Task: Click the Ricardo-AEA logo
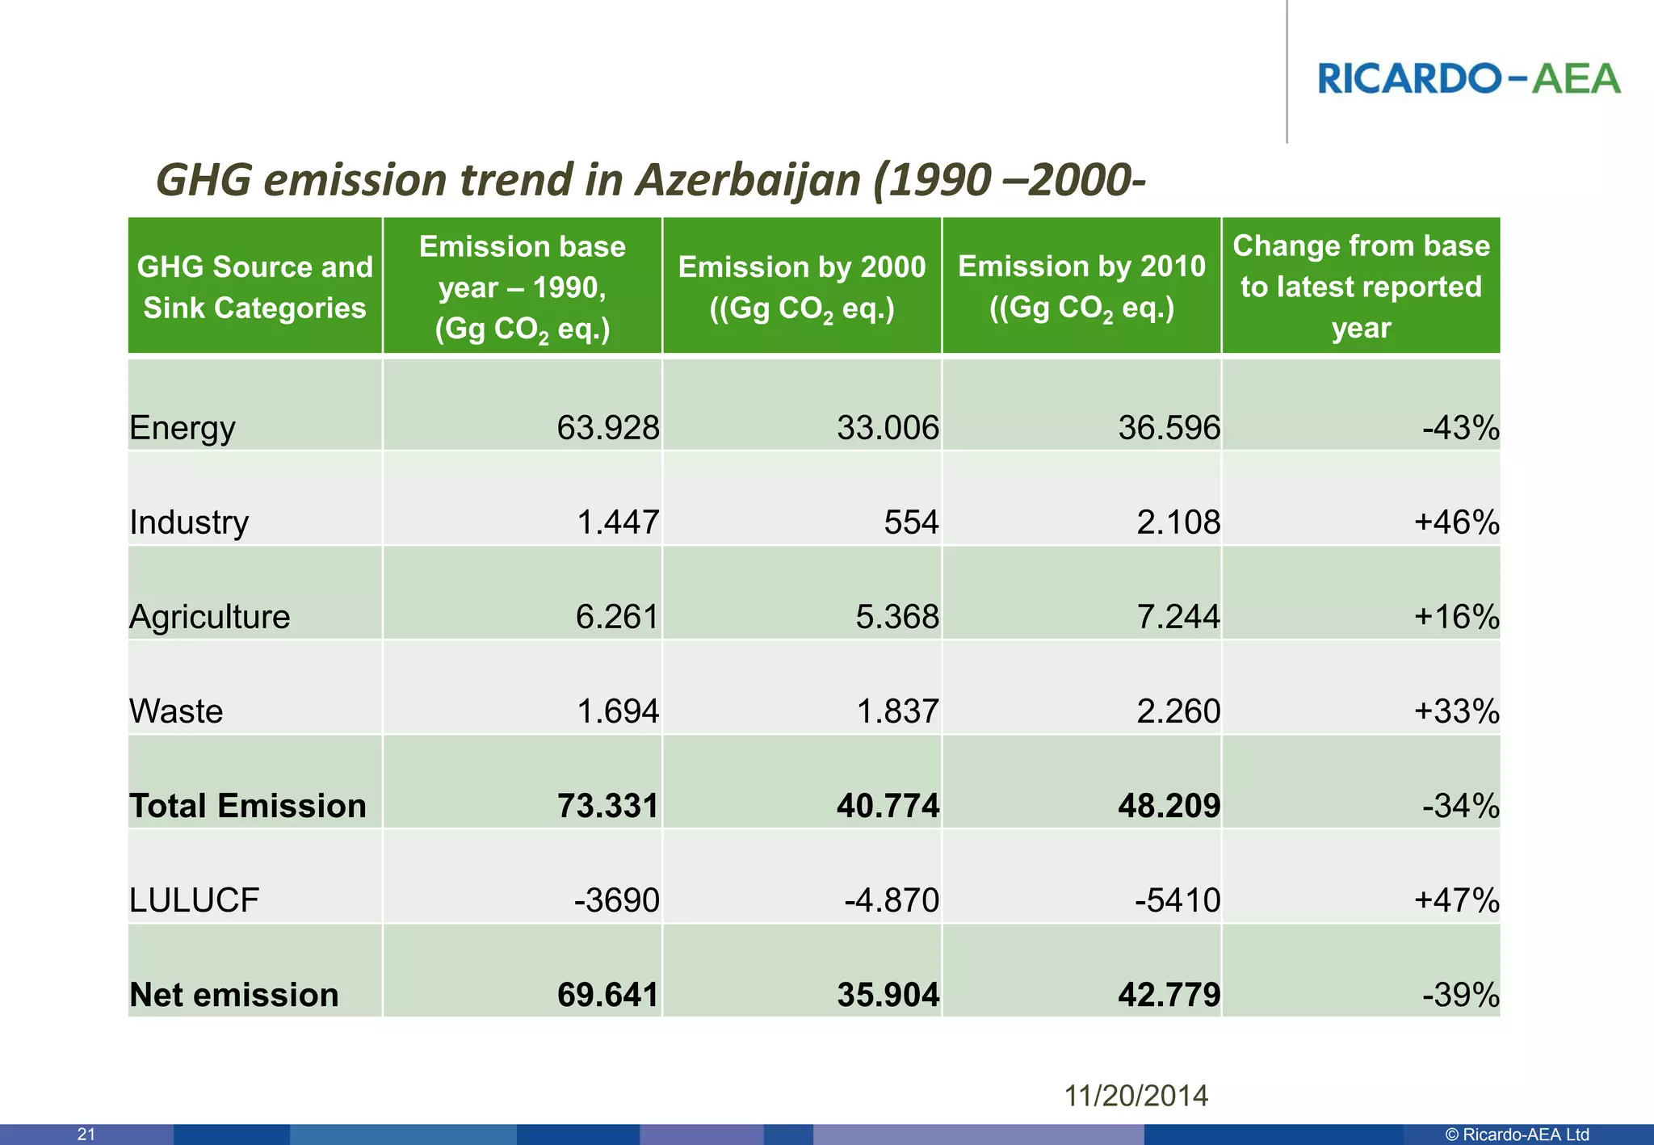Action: click(x=1468, y=78)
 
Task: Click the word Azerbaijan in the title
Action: click(x=748, y=179)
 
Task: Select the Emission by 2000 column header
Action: click(x=801, y=287)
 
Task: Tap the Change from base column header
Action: click(x=1361, y=287)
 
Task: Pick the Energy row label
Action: click(x=183, y=427)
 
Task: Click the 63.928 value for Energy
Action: click(x=607, y=427)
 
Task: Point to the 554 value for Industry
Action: click(x=911, y=522)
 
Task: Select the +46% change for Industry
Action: click(x=1457, y=522)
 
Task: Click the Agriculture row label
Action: click(x=210, y=617)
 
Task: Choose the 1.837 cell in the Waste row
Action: click(x=897, y=711)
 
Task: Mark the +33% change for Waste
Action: click(x=1457, y=711)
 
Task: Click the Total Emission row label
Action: click(x=248, y=806)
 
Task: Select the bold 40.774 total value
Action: click(x=888, y=806)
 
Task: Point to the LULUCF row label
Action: click(x=195, y=900)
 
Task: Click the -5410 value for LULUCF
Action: click(x=1177, y=900)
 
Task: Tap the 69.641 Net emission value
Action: click(x=607, y=995)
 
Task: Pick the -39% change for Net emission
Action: click(x=1460, y=995)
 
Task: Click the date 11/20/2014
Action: click(x=1136, y=1096)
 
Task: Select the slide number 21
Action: click(x=86, y=1135)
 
